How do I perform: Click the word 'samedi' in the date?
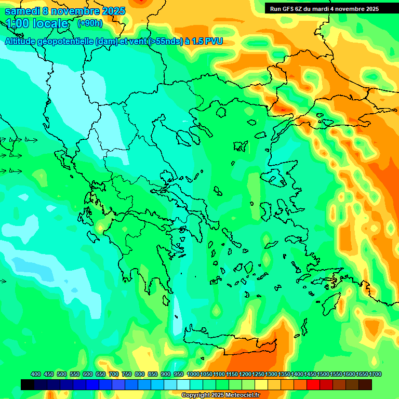click(x=22, y=11)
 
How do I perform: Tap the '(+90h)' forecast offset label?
click(x=90, y=23)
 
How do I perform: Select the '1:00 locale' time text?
click(x=37, y=23)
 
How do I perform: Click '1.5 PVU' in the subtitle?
click(x=207, y=41)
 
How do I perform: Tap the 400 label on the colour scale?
click(x=36, y=374)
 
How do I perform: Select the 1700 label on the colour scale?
click(x=362, y=374)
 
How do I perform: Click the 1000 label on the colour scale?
click(x=193, y=374)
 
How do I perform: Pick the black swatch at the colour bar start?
click(x=28, y=384)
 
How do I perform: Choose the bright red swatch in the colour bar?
click(x=313, y=384)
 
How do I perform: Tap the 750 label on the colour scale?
click(x=127, y=374)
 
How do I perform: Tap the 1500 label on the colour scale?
click(x=323, y=374)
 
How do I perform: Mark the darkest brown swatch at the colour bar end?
click(x=365, y=384)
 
